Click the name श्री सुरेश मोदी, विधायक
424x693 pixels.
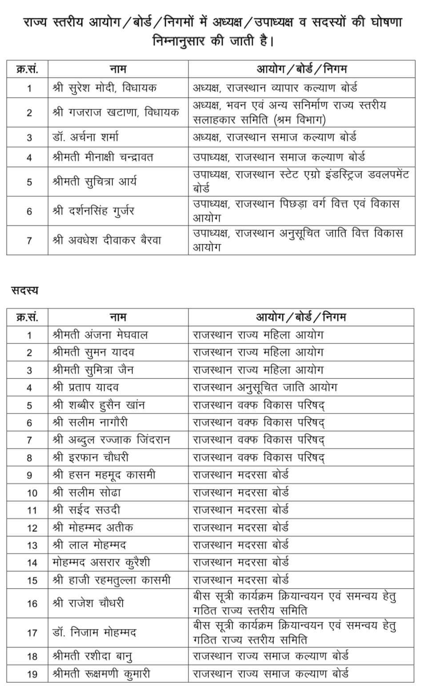(x=104, y=88)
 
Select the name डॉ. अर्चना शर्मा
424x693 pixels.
(x=85, y=137)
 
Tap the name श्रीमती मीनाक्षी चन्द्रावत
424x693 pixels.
(x=103, y=157)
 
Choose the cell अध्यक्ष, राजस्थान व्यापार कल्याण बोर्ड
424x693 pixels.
(x=275, y=88)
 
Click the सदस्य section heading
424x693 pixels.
(x=25, y=290)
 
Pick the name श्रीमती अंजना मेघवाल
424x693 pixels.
(x=100, y=335)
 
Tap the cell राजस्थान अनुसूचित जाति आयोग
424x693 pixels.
(x=265, y=387)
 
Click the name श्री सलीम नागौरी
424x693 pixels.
(x=90, y=422)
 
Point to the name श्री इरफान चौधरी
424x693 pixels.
(x=91, y=458)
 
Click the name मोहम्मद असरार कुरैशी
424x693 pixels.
(x=101, y=562)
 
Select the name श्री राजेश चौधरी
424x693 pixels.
(x=88, y=603)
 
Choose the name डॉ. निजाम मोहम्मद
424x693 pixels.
(x=94, y=632)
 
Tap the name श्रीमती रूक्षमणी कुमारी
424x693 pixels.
(x=101, y=673)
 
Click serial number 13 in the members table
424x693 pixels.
(x=32, y=546)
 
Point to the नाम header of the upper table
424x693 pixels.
(x=118, y=69)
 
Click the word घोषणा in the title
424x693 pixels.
(x=385, y=22)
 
